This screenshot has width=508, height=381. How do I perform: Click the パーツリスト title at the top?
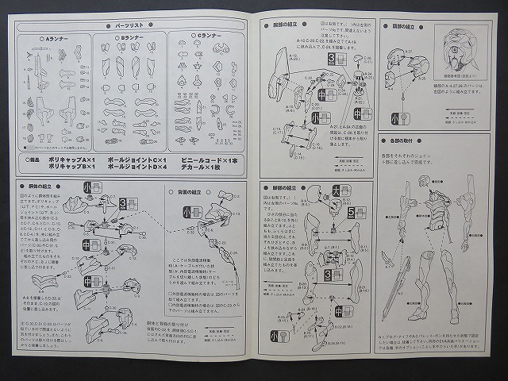(x=129, y=25)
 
